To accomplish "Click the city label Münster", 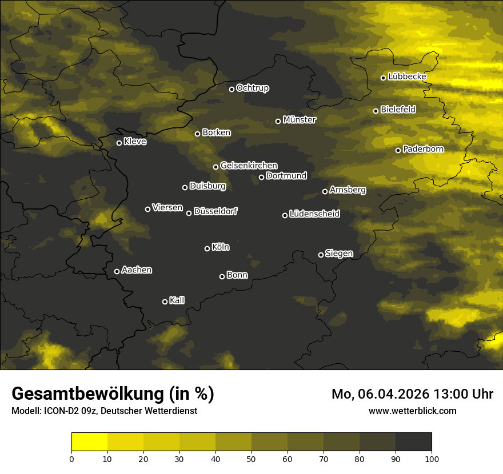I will pyautogui.click(x=300, y=120).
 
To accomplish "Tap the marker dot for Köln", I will pyautogui.click(x=207, y=248).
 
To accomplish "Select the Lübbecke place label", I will pyautogui.click(x=407, y=77).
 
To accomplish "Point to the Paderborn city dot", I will pyautogui.click(x=398, y=150).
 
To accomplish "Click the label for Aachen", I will pyautogui.click(x=137, y=270).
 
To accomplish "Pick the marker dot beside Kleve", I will pyautogui.click(x=119, y=143).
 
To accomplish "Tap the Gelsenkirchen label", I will pyautogui.click(x=249, y=166).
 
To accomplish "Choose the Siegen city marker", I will pyautogui.click(x=321, y=255).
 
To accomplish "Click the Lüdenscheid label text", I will pyautogui.click(x=314, y=214).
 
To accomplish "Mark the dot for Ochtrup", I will pyautogui.click(x=231, y=89).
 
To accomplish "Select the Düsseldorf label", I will pyautogui.click(x=215, y=211).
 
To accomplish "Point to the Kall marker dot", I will pyautogui.click(x=165, y=302).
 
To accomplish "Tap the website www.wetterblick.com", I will pyautogui.click(x=413, y=411).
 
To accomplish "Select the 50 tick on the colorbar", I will pyautogui.click(x=251, y=459).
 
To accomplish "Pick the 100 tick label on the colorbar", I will pyautogui.click(x=432, y=459).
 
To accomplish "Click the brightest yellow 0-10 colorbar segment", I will pyautogui.click(x=89, y=442).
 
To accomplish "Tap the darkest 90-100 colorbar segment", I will pyautogui.click(x=413, y=442).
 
